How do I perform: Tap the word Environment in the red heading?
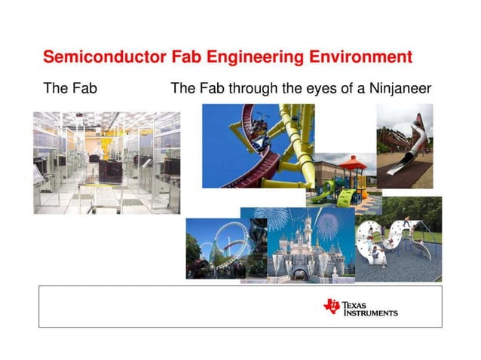361,57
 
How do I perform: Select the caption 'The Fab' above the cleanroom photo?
70,89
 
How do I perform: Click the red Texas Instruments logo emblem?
332,306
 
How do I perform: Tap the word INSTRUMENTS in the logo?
371,313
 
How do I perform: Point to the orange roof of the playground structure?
352,161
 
